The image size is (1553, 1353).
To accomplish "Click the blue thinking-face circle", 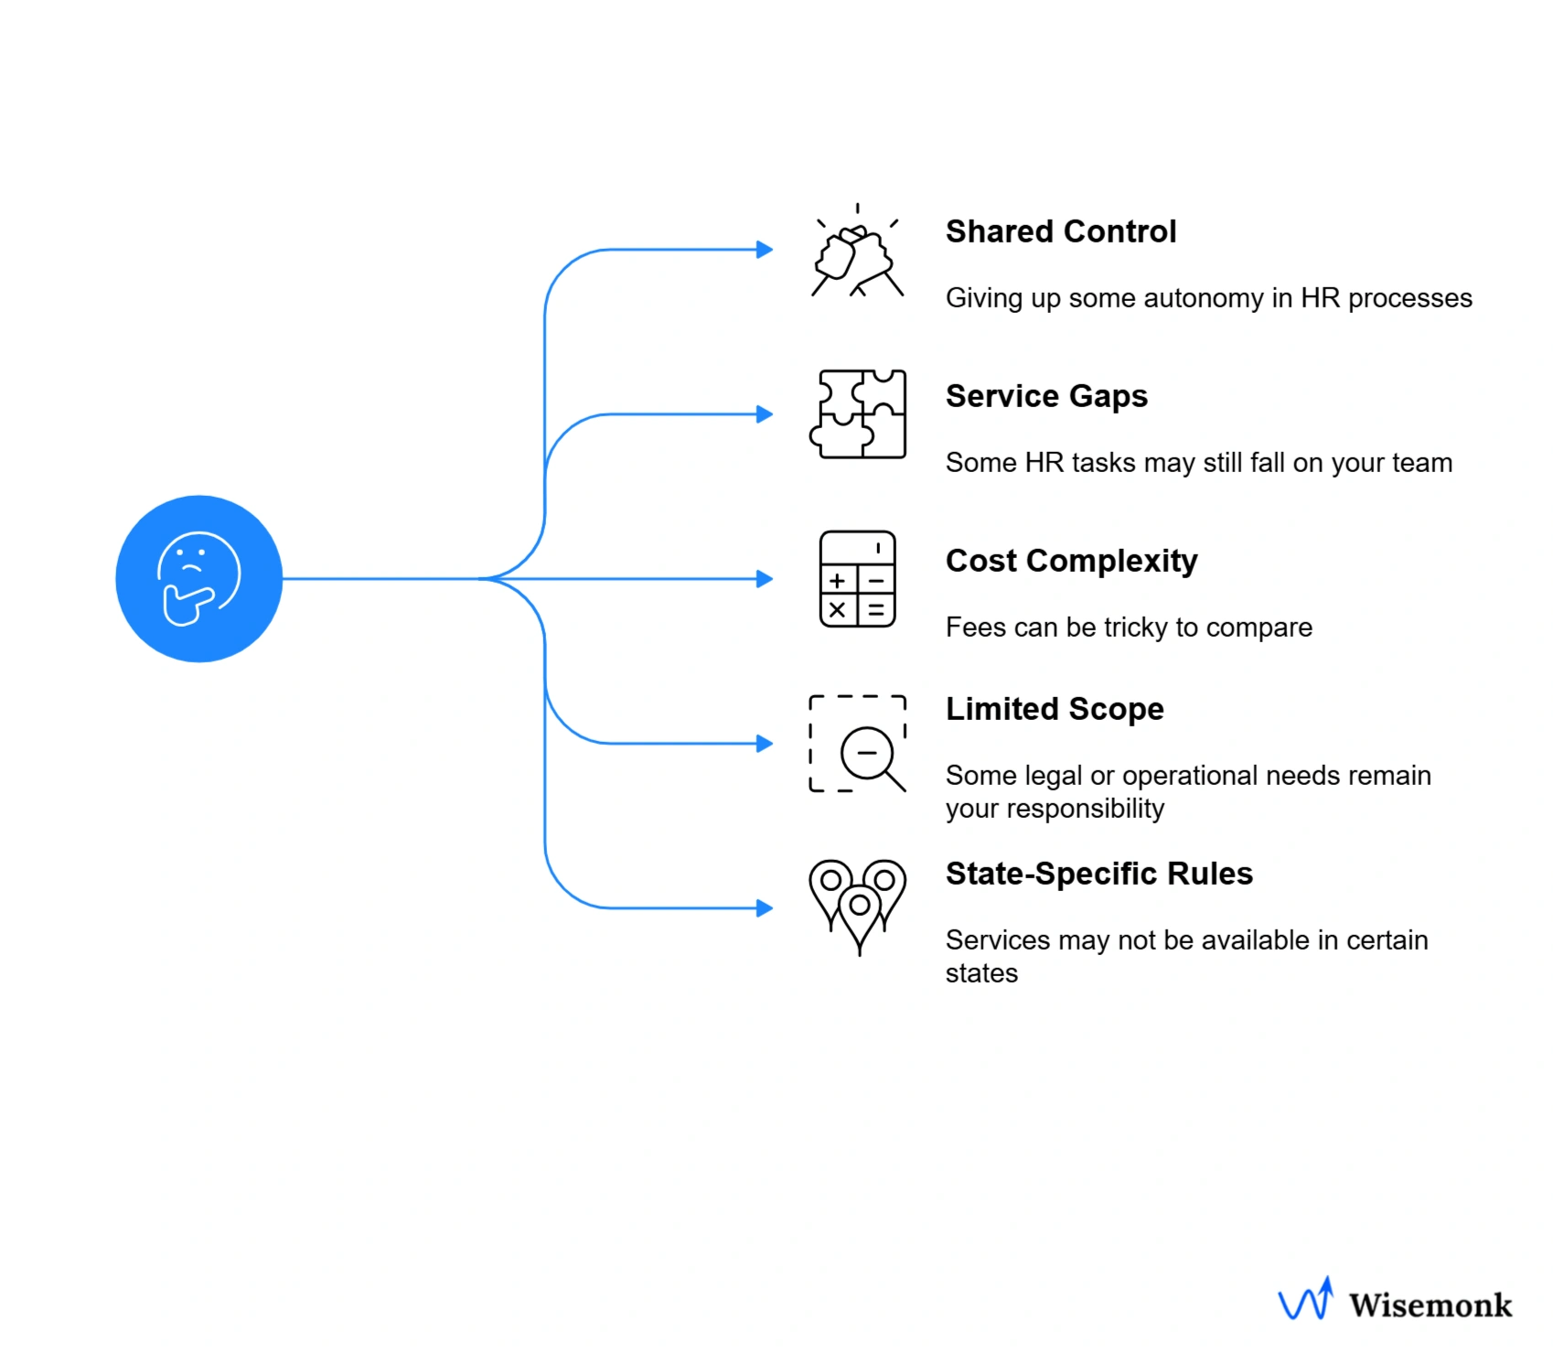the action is [x=198, y=578].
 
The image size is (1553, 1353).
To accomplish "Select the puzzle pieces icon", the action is [x=858, y=414].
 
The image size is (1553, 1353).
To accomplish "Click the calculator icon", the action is [x=857, y=579].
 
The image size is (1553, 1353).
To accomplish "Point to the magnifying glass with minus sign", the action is [x=869, y=756].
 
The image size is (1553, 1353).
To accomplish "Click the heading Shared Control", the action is [x=1060, y=231].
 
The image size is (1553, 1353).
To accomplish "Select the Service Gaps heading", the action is [x=1045, y=396].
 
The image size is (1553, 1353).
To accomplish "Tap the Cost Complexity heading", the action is [x=1071, y=561].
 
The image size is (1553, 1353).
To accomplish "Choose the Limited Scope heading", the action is [x=1054, y=709].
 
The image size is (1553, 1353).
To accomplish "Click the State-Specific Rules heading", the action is [x=1098, y=874].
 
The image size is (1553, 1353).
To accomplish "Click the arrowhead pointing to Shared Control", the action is [x=765, y=250].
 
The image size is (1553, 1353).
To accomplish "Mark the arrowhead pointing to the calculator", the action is [x=765, y=579].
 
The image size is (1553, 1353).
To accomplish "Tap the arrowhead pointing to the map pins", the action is [x=765, y=908].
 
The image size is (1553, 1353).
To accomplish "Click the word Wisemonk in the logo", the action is [x=1430, y=1305].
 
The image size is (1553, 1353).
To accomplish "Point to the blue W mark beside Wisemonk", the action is [x=1305, y=1300].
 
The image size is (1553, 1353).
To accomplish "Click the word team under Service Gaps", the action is [x=1421, y=463].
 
